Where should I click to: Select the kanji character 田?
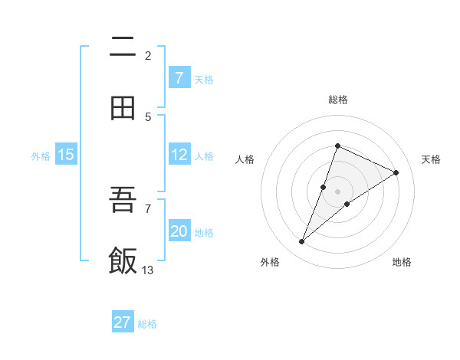[x=123, y=108]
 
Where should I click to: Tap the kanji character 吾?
[x=123, y=201]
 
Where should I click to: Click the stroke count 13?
[x=148, y=270]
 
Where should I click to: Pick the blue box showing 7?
[x=179, y=78]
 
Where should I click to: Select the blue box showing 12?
[x=179, y=155]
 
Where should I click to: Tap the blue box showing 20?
[x=179, y=231]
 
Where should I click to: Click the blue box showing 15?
[x=66, y=155]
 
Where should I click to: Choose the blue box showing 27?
[x=123, y=322]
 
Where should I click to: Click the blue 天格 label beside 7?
[x=204, y=79]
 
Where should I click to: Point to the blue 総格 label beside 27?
[x=147, y=323]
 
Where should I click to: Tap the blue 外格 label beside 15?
[x=41, y=155]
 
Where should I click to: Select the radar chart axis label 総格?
[x=337, y=100]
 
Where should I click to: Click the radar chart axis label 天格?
[x=431, y=159]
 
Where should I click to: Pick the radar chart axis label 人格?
[x=245, y=159]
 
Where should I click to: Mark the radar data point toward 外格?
[x=301, y=242]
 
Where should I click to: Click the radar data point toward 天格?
[x=396, y=172]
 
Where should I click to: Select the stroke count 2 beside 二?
[x=148, y=55]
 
